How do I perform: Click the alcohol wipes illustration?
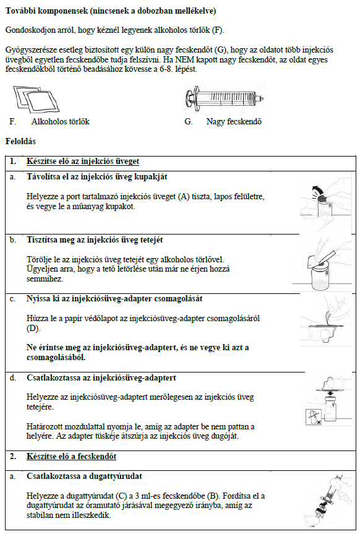coord(36,99)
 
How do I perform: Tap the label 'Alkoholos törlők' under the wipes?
coord(60,121)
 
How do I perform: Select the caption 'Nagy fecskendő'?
coord(234,121)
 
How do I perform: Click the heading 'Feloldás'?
coord(20,141)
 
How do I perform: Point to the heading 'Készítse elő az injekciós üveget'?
coord(83,161)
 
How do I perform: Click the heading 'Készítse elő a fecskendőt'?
coord(72,457)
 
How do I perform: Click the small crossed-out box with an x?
coord(314,417)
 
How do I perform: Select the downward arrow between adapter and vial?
coord(329,394)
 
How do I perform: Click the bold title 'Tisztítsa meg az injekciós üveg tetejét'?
coord(95,240)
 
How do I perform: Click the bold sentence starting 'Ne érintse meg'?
coord(137,353)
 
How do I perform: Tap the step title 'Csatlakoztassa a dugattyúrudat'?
coord(85,476)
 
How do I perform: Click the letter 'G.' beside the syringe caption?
coord(188,121)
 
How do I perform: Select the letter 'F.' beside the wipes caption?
coord(12,121)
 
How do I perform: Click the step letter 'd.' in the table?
coord(12,377)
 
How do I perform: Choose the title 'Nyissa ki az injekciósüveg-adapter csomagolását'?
coord(114,299)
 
